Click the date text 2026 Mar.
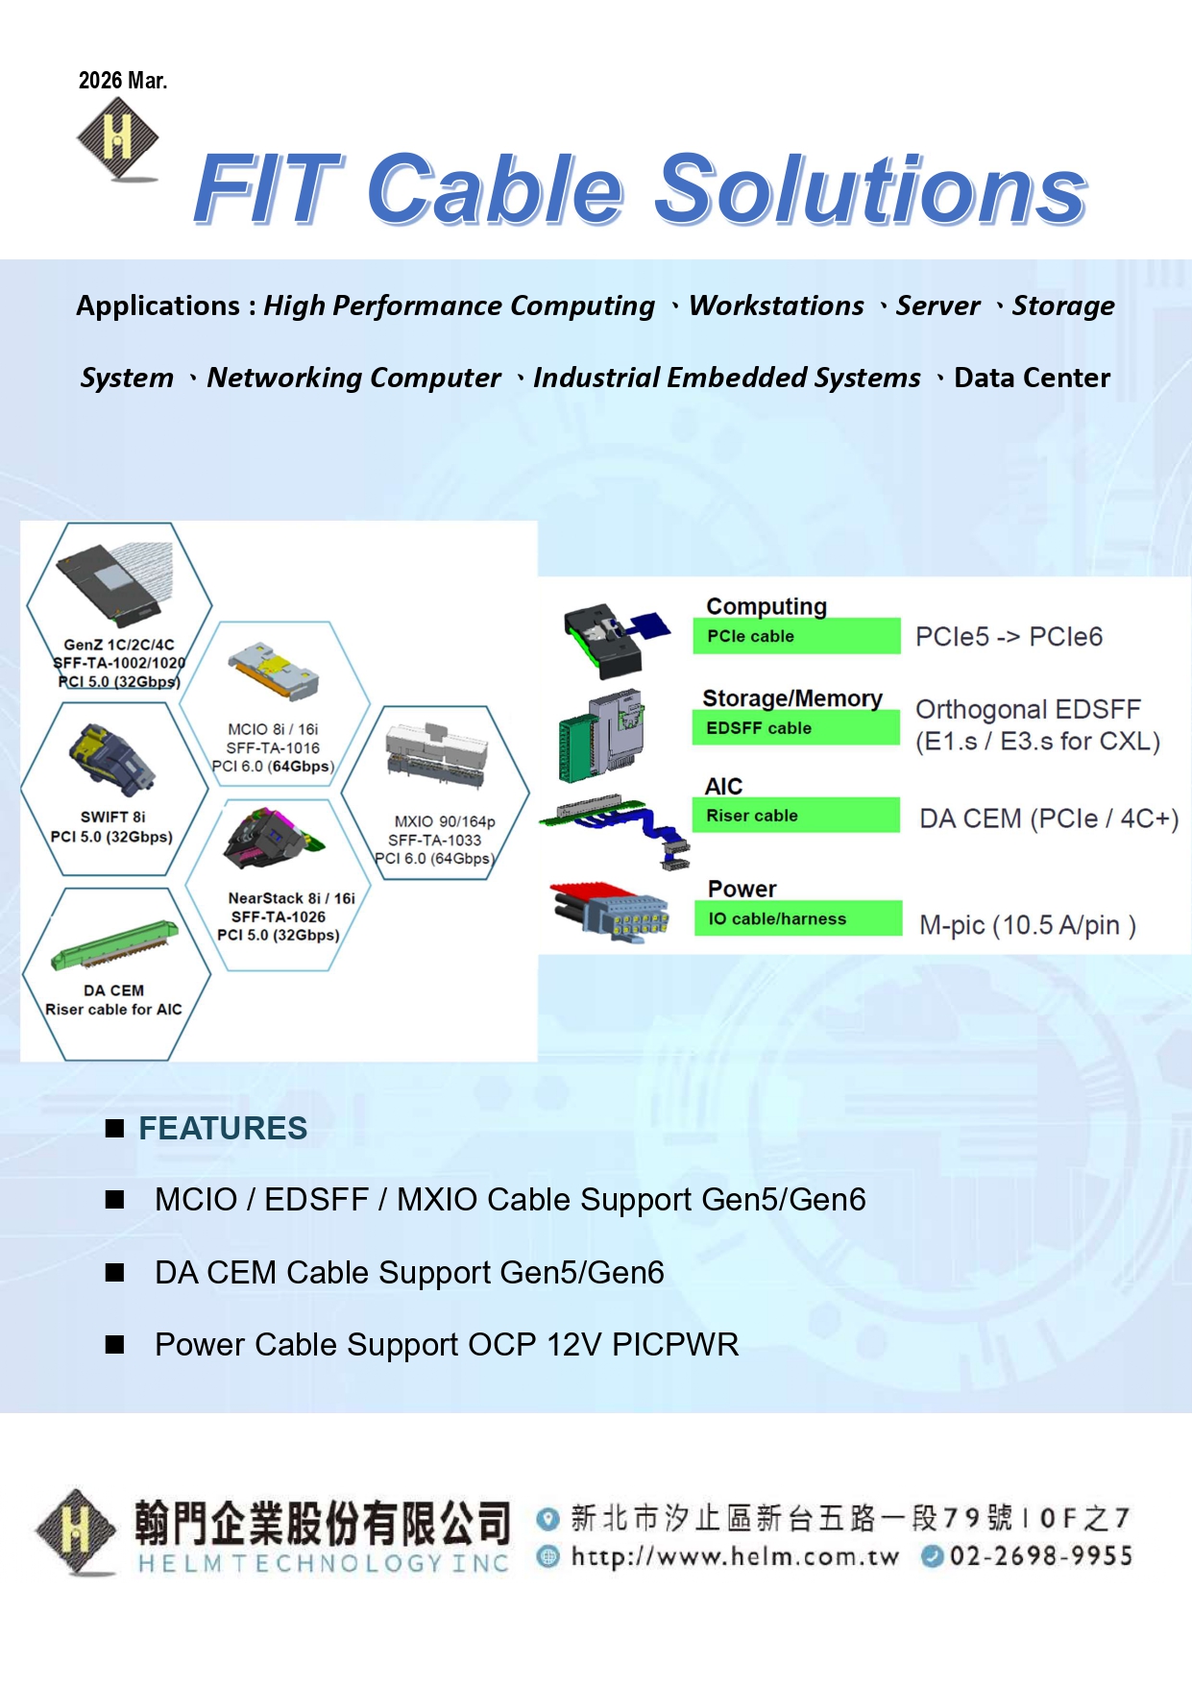point(123,81)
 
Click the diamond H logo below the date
point(117,139)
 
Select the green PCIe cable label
point(795,636)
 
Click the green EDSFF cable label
point(795,728)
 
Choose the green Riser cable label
point(795,816)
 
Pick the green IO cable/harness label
point(797,918)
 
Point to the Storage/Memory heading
point(791,698)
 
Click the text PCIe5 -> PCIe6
point(1009,637)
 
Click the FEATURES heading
point(223,1128)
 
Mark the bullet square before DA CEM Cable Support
point(115,1273)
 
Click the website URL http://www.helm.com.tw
point(735,1556)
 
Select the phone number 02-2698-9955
point(1041,1556)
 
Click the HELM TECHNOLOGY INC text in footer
point(323,1564)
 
